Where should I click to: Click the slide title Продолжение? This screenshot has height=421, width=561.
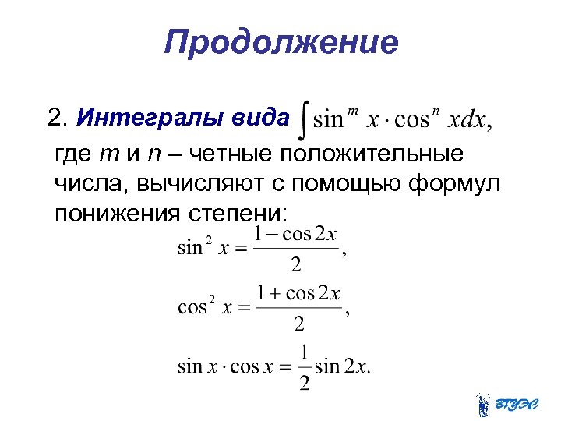click(280, 43)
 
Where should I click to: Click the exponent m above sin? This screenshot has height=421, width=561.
click(351, 112)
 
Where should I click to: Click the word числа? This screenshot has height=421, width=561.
click(91, 184)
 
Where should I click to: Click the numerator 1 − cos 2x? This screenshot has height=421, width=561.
click(295, 234)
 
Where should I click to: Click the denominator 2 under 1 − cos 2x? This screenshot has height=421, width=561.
click(296, 265)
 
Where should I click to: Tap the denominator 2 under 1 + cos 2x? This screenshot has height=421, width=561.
click(298, 323)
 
